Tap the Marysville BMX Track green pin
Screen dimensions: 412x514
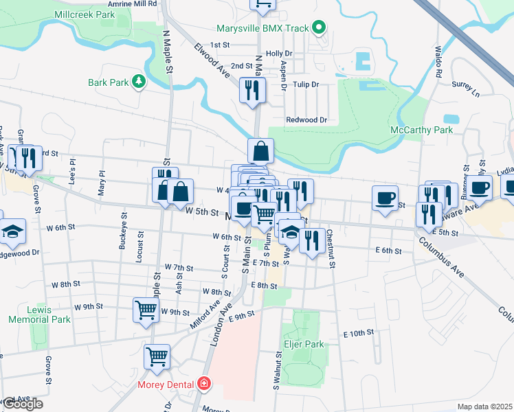click(318, 28)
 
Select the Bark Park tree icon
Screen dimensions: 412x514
click(139, 82)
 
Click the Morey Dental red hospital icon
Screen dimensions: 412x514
click(203, 384)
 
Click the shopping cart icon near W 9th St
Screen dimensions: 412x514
click(146, 310)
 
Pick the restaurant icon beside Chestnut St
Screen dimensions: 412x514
click(313, 241)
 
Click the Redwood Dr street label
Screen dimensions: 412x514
click(306, 119)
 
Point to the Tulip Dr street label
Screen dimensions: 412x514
click(306, 84)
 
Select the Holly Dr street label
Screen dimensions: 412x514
click(279, 53)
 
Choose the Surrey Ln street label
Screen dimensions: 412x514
click(465, 87)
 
